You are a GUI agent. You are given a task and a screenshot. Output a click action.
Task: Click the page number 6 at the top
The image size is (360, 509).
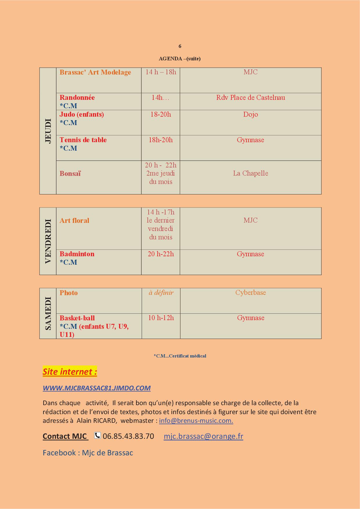(x=180, y=46)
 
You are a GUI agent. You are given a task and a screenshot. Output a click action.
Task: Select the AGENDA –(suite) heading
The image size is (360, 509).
(x=180, y=59)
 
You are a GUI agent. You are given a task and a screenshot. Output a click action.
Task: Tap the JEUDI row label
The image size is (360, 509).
(x=48, y=131)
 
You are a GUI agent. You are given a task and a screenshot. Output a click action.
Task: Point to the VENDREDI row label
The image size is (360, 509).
(x=48, y=241)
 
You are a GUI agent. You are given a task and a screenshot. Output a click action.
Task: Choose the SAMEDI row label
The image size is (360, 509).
(x=48, y=313)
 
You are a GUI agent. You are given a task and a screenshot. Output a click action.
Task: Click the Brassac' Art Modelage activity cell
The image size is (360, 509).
(x=95, y=72)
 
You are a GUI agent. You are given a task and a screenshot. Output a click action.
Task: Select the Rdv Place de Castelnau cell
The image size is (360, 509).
(x=251, y=98)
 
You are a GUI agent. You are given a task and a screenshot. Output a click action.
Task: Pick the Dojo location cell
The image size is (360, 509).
(x=251, y=114)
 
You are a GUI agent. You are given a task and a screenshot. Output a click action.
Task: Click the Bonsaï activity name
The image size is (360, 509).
(x=70, y=174)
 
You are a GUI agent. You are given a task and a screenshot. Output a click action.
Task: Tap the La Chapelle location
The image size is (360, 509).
(x=251, y=174)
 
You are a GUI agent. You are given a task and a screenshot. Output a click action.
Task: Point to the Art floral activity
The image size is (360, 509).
(x=74, y=221)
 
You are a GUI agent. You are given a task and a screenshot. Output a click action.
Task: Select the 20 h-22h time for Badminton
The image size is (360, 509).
(x=161, y=254)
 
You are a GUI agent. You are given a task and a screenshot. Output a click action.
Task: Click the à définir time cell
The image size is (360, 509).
(x=161, y=293)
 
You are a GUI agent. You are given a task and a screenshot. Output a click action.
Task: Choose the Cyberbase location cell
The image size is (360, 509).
(x=251, y=293)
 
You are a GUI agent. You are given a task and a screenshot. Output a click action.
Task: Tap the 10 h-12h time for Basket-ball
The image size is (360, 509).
(x=161, y=318)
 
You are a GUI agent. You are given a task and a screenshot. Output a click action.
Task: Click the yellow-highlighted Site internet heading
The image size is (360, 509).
(x=70, y=371)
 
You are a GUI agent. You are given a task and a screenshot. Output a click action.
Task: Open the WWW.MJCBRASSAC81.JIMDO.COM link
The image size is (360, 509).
(x=97, y=388)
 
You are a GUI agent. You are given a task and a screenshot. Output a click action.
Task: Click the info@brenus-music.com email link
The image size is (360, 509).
(x=196, y=420)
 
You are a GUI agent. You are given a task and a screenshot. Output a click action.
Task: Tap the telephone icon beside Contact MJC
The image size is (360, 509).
(x=98, y=436)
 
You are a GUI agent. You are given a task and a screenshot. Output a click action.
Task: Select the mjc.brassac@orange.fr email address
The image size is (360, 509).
(x=204, y=436)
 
